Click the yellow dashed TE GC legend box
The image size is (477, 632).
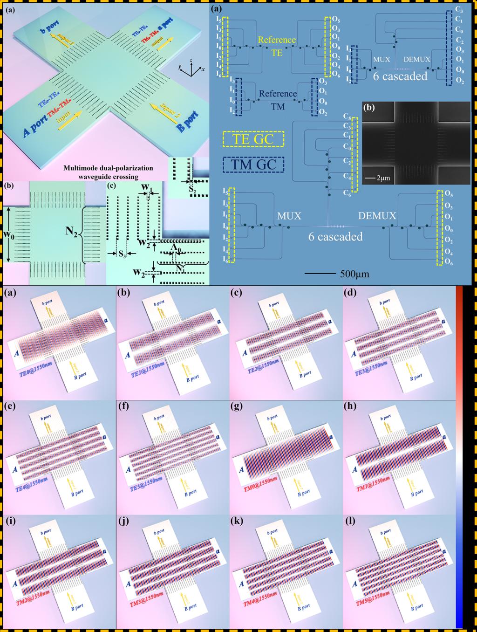pyautogui.click(x=253, y=139)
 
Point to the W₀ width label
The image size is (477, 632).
pyautogui.click(x=14, y=232)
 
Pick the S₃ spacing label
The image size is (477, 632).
pyautogui.click(x=123, y=254)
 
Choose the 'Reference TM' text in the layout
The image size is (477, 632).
pyautogui.click(x=278, y=99)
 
